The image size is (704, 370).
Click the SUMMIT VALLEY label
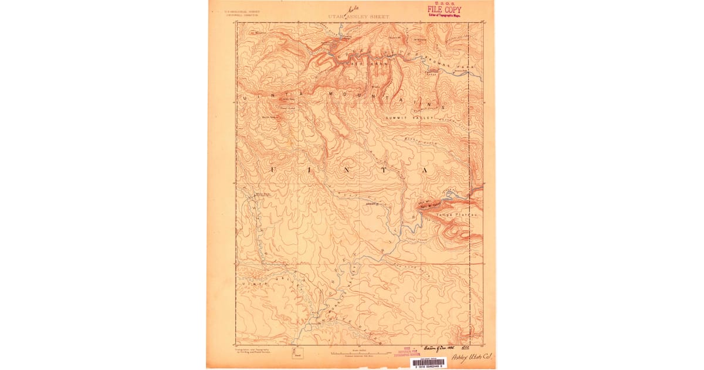point(409,118)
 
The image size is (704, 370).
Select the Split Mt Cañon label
point(431,206)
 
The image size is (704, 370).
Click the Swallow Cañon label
point(432,72)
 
